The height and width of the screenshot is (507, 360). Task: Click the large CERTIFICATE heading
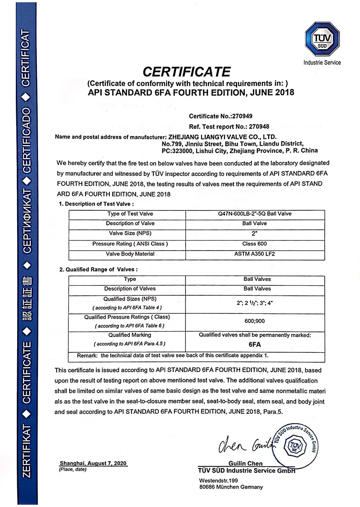pyautogui.click(x=187, y=71)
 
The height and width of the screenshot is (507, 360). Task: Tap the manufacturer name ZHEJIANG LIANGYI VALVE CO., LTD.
pyautogui.click(x=222, y=137)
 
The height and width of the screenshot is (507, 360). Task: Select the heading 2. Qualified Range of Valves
pyautogui.click(x=98, y=269)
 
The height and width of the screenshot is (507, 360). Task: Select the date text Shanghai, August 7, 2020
pyautogui.click(x=93, y=464)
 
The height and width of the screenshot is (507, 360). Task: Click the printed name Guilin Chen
pyautogui.click(x=246, y=464)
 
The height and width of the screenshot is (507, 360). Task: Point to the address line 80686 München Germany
pyautogui.click(x=230, y=487)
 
